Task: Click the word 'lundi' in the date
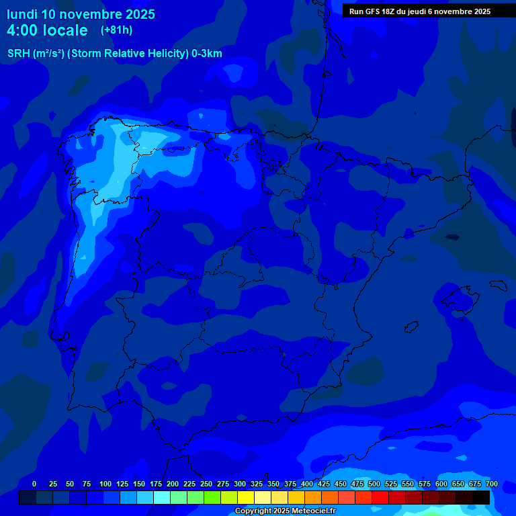pos(22,14)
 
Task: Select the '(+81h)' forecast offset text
pos(117,30)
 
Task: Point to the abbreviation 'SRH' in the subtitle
pos(19,54)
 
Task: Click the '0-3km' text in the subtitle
pos(207,54)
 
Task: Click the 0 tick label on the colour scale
pos(34,484)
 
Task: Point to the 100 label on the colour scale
pos(105,484)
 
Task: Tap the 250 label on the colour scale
pos(206,484)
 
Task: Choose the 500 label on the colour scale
pos(374,484)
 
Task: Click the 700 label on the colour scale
pos(492,484)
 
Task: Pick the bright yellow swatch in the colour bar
pos(246,497)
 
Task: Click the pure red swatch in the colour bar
pos(380,497)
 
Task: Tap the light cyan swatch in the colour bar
pos(162,497)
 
